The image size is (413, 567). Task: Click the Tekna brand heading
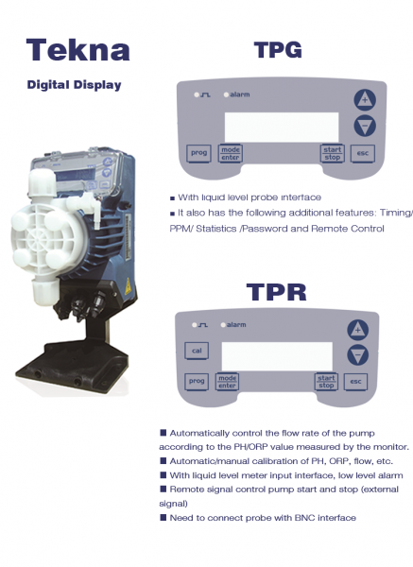78,50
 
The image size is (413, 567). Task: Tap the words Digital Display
74,85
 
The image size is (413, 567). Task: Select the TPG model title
278,50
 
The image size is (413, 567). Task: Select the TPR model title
276,292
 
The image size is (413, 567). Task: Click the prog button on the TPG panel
198,153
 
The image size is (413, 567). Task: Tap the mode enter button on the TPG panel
230,153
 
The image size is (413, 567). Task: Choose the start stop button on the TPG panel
332,153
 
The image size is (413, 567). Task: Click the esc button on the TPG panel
363,153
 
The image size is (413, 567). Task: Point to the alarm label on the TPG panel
240,94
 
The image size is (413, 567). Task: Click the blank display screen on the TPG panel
282,127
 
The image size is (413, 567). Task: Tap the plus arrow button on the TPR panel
357,330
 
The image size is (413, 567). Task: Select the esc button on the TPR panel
355,382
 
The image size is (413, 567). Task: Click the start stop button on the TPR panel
326,382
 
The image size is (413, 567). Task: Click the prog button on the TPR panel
197,382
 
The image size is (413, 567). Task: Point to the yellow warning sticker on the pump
128,286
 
